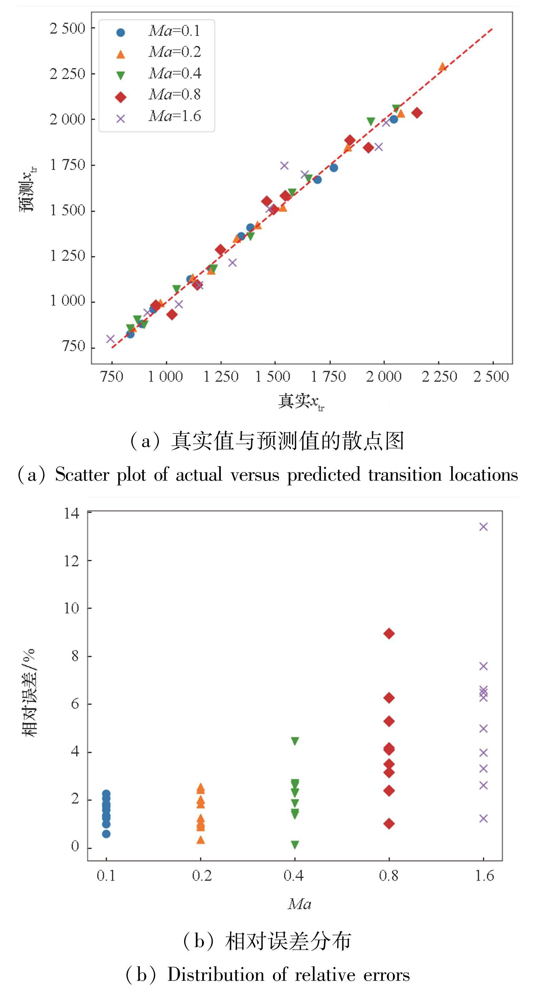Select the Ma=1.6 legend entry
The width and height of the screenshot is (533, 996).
174,116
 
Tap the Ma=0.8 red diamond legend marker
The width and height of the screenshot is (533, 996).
121,97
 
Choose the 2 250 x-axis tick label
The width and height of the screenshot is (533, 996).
439,377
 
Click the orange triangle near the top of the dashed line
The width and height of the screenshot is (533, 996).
442,67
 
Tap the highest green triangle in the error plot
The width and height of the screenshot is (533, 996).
295,741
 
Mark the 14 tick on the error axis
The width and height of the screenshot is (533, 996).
72,514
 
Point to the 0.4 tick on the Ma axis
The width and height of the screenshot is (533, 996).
294,875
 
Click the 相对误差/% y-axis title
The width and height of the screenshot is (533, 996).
29,692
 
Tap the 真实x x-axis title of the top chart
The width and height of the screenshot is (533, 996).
301,401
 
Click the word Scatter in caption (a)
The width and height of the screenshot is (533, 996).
82,475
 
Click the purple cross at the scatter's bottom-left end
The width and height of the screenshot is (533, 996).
111,339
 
